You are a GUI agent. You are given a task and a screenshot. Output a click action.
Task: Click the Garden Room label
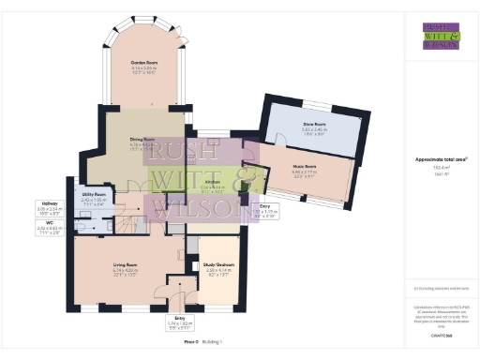pos(144,63)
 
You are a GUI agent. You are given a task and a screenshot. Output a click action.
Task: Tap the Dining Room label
pos(142,140)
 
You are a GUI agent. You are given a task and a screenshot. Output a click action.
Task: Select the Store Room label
pos(314,123)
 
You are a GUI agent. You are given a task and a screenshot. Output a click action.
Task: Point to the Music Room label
pos(305,166)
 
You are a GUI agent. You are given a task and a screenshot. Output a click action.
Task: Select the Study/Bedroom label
pos(219,265)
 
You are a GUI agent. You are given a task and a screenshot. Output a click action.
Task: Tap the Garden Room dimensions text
pos(144,70)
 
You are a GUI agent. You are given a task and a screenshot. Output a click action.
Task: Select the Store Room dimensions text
pos(314,129)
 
